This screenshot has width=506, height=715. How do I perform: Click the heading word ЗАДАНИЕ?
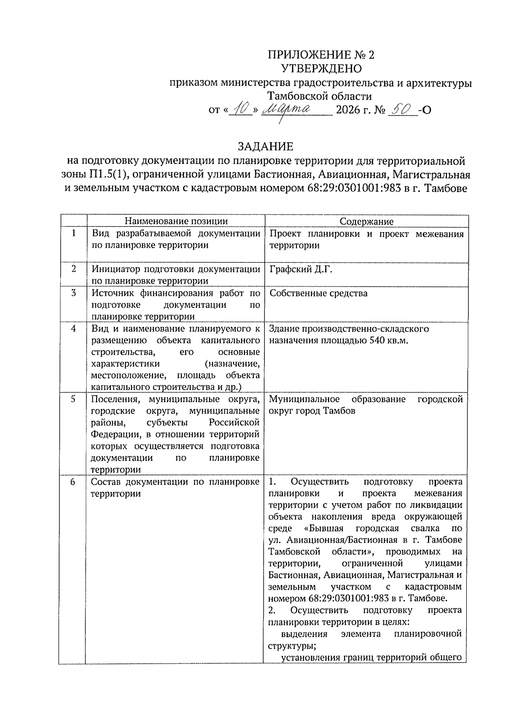point(265,146)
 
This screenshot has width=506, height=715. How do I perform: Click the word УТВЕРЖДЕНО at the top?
point(321,68)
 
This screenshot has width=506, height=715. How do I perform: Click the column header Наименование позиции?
point(176,221)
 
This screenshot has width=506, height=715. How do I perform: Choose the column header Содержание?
point(366,222)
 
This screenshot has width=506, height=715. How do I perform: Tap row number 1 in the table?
point(74,233)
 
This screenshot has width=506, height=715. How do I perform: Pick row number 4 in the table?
point(74,328)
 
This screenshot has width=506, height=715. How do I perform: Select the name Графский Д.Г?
point(301,269)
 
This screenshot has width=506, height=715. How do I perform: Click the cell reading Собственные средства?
point(318,293)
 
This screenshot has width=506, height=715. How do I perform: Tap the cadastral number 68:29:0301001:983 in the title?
point(351,188)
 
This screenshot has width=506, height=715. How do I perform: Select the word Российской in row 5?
point(234,422)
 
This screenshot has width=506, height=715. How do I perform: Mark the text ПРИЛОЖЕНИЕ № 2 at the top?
point(321,55)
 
